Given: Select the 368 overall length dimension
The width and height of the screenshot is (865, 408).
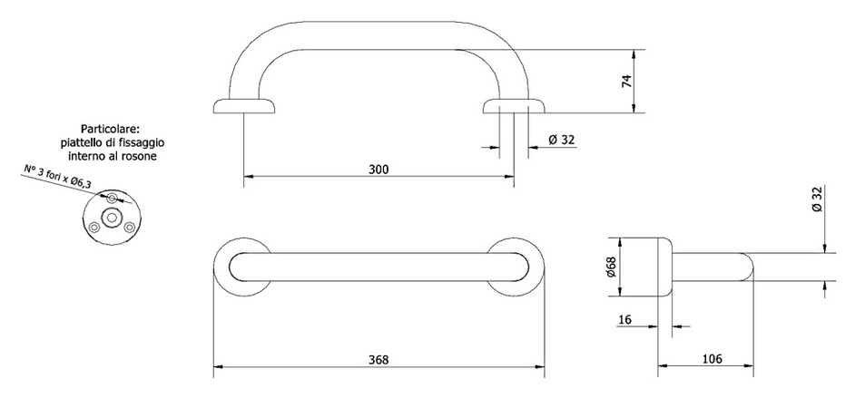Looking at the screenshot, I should [378, 360].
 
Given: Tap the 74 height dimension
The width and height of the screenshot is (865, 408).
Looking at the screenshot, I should [625, 81].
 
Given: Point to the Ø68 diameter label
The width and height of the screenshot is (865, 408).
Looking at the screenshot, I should [609, 267].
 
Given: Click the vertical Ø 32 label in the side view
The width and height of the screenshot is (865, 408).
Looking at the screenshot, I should [817, 199].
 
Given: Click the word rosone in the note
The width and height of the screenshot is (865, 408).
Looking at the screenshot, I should [139, 157].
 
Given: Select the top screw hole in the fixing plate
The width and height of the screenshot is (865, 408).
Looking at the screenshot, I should [111, 198].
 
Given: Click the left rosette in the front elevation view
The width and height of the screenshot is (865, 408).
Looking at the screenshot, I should [244, 107].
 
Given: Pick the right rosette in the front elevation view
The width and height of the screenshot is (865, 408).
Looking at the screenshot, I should [513, 107].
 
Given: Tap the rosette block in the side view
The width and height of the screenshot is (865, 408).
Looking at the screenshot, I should [644, 267].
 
